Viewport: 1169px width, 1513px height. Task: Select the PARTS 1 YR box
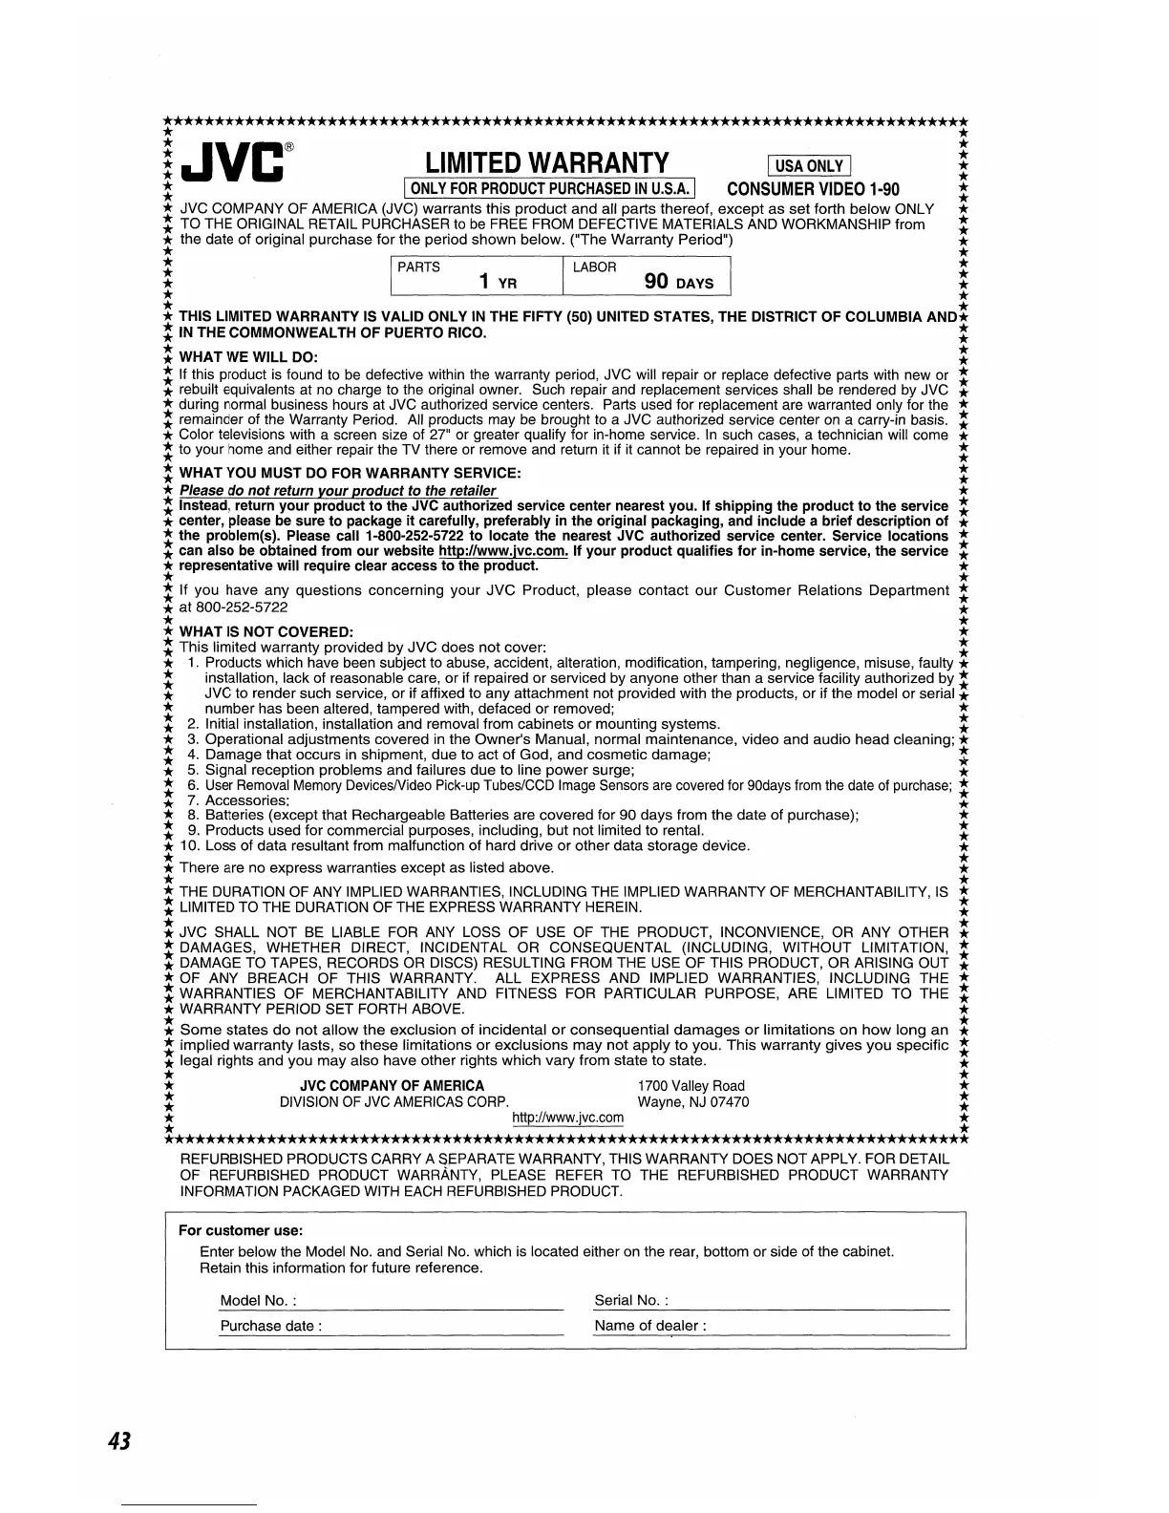coord(477,275)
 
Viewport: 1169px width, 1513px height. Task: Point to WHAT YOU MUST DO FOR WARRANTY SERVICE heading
coord(350,474)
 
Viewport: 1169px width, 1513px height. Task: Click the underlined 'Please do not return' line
coord(338,491)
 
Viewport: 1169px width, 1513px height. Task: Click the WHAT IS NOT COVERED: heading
coord(266,632)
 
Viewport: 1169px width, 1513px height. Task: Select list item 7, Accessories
coord(246,800)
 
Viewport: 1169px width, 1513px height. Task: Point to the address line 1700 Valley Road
coord(691,1085)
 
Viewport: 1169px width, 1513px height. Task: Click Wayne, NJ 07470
coord(692,1101)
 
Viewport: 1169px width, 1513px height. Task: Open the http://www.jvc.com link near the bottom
coord(568,1118)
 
